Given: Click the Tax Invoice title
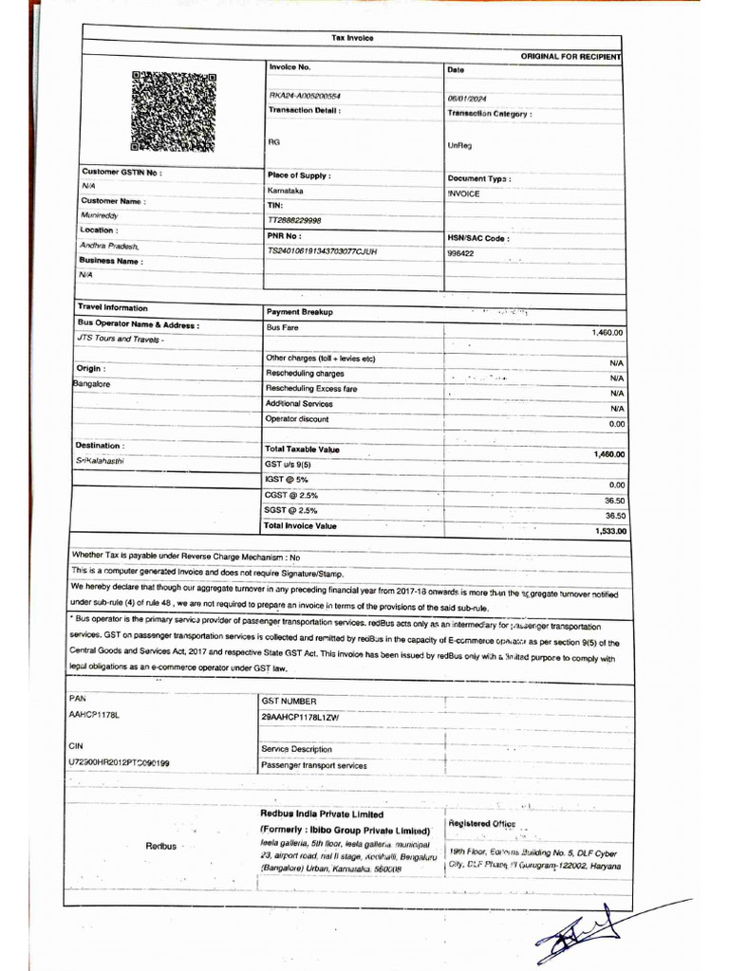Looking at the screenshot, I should [352, 38].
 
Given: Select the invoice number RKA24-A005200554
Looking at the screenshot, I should [305, 96].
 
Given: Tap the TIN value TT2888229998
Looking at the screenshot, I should [295, 220].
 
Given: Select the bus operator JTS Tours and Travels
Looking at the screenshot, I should [120, 339].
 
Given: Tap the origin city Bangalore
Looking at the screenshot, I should [92, 384].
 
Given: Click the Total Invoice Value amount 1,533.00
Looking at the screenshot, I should [610, 531].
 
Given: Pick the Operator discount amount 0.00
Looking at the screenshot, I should [616, 424].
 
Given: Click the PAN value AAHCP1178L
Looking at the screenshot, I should [96, 713].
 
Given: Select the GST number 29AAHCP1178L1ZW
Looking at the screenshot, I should [299, 718].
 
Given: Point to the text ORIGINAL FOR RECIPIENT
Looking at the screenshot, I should [570, 57].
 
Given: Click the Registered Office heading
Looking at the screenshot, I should [481, 823].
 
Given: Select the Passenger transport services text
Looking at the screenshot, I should [313, 765].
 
